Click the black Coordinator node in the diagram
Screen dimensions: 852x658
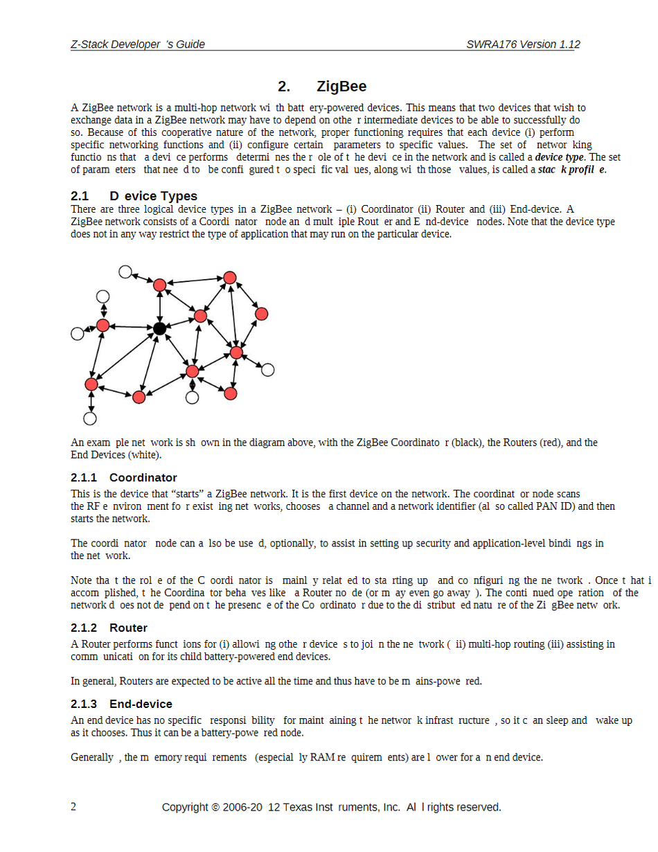click(159, 328)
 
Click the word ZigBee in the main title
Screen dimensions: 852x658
click(341, 87)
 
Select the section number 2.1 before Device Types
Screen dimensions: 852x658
click(80, 196)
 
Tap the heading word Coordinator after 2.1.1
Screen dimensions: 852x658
click(143, 478)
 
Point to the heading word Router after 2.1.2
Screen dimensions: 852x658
click(128, 628)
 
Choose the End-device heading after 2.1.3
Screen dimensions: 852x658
click(141, 704)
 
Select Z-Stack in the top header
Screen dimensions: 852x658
click(89, 44)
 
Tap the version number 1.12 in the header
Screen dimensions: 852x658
click(568, 44)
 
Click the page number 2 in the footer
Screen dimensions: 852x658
click(74, 807)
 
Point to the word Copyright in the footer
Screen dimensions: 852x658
click(185, 807)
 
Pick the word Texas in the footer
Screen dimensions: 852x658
click(300, 807)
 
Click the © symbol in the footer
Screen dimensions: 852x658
click(215, 807)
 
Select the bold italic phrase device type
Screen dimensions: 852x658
click(560, 157)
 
